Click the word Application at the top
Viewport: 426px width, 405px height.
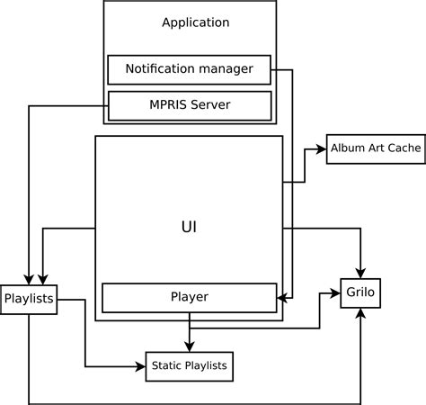point(195,22)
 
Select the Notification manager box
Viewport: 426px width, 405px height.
point(189,69)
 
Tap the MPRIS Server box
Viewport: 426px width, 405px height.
point(189,105)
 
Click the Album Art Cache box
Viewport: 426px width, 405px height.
point(375,148)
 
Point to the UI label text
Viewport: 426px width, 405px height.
point(189,227)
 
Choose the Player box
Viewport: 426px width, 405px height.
point(189,297)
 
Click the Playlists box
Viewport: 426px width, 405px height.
point(29,299)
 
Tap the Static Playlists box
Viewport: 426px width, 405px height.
point(189,365)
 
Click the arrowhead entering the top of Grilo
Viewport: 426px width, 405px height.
point(361,273)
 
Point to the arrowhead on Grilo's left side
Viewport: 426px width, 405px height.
point(337,293)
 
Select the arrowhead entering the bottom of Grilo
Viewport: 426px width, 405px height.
point(361,313)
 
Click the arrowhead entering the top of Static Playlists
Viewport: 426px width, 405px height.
point(189,348)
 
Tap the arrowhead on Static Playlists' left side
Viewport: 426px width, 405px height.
point(140,365)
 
